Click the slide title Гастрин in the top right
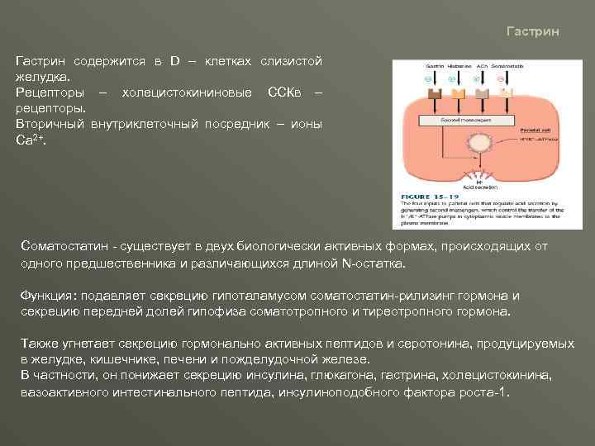(532, 31)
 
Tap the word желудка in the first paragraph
(46, 77)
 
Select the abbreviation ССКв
(283, 92)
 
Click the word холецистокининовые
(187, 92)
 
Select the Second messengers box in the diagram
(446, 120)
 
